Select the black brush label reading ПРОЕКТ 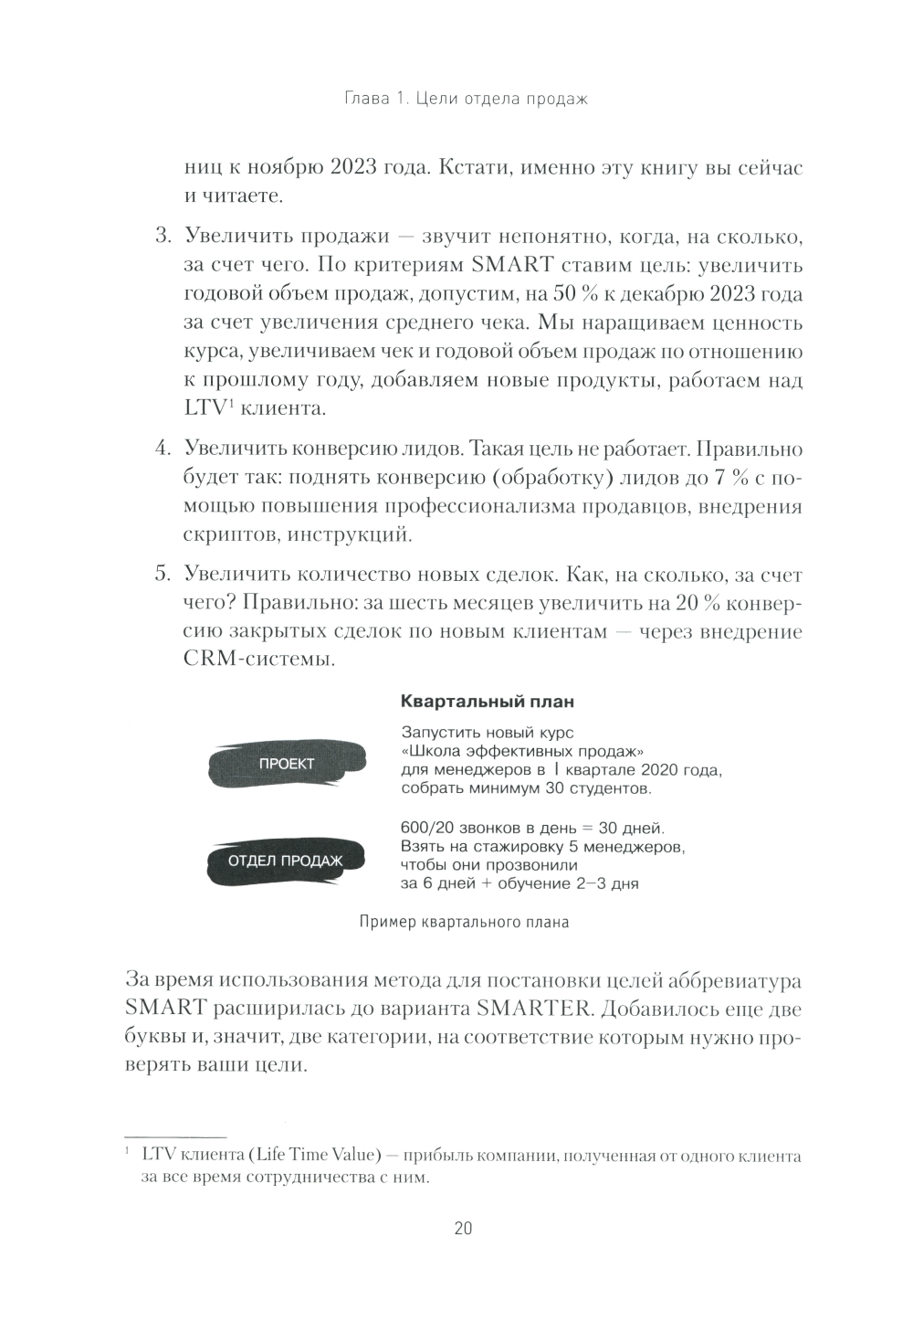[x=286, y=765]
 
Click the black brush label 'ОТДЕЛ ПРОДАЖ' [x=285, y=861]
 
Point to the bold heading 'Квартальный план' [x=475, y=702]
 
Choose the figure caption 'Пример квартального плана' [x=464, y=922]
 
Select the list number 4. [x=163, y=449]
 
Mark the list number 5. [x=163, y=575]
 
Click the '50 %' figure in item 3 [x=580, y=294]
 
